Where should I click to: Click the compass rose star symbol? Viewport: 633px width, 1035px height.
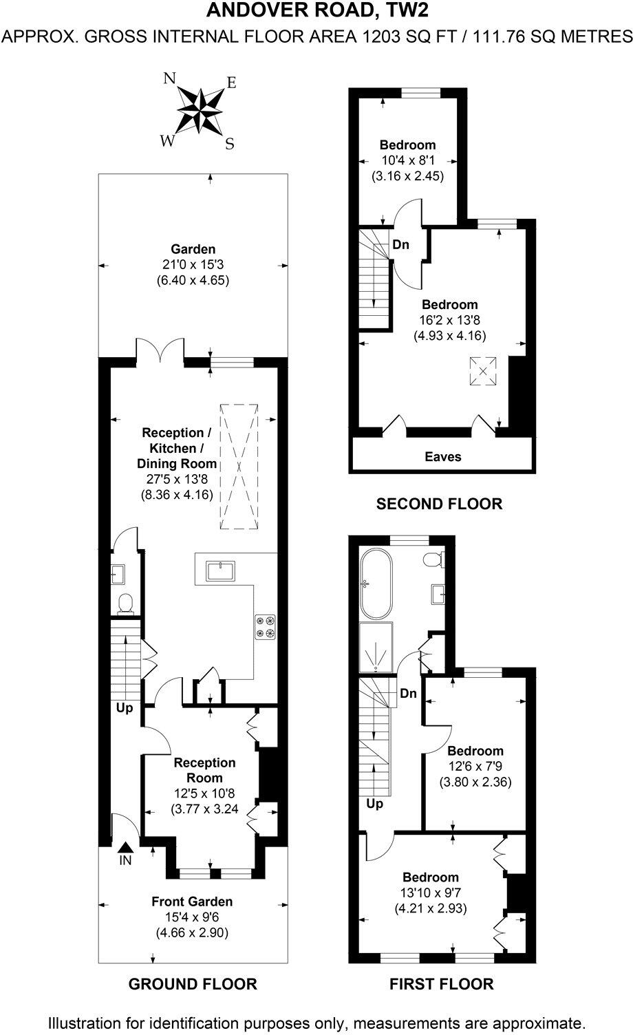coord(200,111)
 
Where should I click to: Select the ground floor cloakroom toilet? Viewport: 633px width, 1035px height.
coord(125,604)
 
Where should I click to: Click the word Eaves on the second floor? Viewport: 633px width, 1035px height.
coord(442,456)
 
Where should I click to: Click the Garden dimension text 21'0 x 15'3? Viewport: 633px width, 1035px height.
coord(193,265)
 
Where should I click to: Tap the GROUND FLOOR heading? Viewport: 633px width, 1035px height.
coord(193,984)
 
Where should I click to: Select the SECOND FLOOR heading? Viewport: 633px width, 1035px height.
coord(439,504)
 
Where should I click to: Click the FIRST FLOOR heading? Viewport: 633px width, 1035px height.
coord(441,984)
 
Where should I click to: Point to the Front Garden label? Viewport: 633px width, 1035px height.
coord(192,901)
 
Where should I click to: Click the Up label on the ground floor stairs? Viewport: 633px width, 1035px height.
coord(125,707)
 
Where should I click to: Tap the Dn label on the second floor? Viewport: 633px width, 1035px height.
coord(401,244)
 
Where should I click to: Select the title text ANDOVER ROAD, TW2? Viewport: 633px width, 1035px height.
coord(316,10)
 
